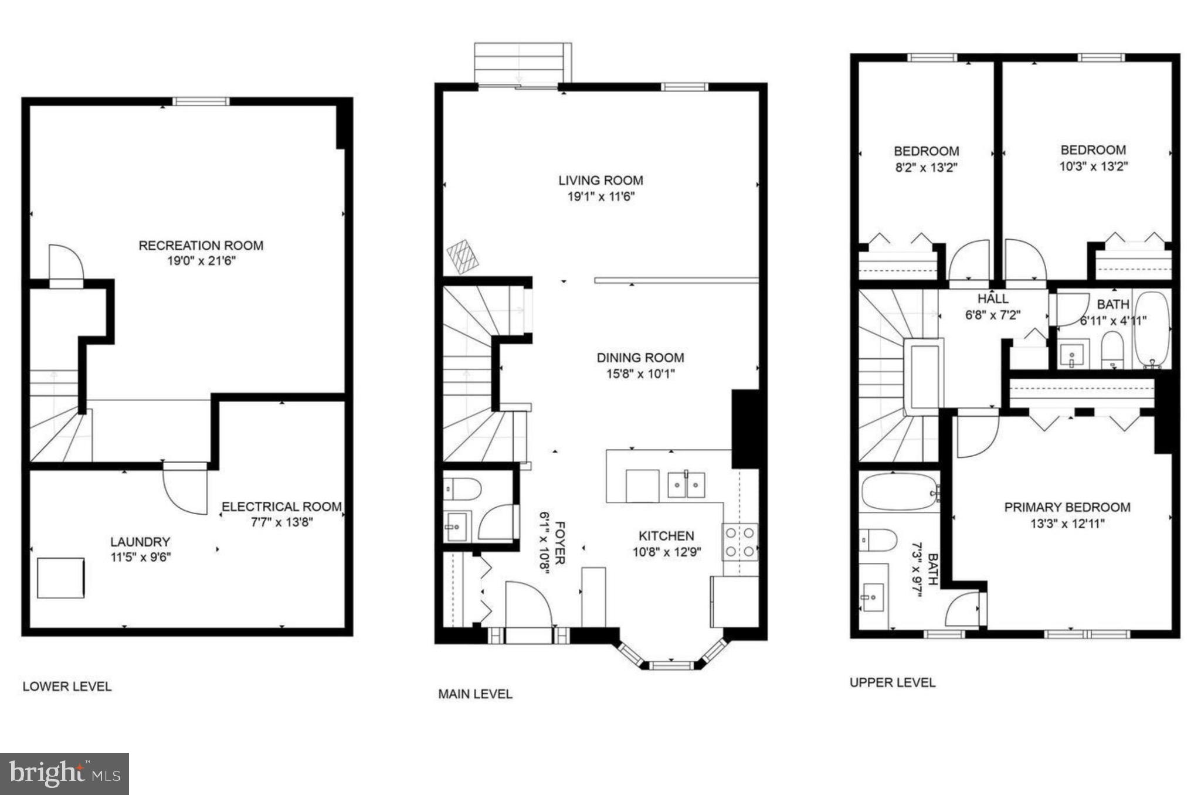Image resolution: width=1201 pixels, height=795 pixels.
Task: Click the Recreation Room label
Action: click(x=201, y=246)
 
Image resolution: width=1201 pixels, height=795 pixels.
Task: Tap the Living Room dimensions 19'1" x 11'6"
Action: click(x=600, y=197)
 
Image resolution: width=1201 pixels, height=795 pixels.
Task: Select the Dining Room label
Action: click(x=640, y=358)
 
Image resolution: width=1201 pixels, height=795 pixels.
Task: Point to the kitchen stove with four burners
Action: click(x=740, y=542)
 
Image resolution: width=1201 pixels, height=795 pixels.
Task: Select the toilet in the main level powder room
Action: click(x=463, y=488)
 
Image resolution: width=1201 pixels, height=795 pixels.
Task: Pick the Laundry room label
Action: click(x=140, y=542)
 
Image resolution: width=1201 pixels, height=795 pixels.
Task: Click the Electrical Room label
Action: click(x=281, y=507)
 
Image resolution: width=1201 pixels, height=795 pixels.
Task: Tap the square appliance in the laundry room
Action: click(x=60, y=578)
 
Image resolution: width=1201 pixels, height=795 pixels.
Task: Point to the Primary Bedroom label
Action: click(x=1067, y=507)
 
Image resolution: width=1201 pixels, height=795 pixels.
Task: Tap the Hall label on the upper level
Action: click(x=993, y=299)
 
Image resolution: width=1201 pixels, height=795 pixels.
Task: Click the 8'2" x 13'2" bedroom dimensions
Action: click(x=927, y=168)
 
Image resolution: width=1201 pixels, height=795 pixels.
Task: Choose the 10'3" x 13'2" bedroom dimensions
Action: click(x=1094, y=167)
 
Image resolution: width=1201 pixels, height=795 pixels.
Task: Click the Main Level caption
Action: click(x=475, y=694)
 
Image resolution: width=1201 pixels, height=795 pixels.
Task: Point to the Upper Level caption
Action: click(x=893, y=682)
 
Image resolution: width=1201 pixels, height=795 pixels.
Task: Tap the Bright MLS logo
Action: click(x=65, y=774)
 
